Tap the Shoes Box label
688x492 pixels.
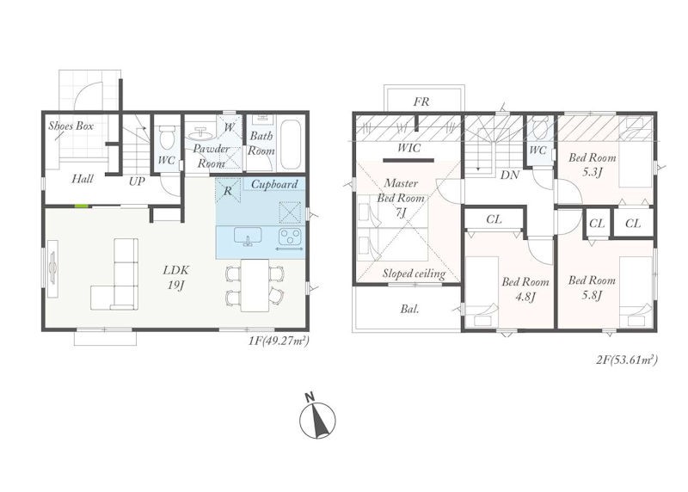tap(71, 126)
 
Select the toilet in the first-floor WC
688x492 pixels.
tap(166, 137)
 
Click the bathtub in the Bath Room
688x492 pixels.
tap(290, 144)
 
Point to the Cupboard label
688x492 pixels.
tap(274, 184)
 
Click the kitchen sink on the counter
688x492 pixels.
tap(248, 237)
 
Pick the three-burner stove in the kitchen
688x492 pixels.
tap(290, 237)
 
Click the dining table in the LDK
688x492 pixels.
tap(255, 285)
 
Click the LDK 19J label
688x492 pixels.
tap(175, 277)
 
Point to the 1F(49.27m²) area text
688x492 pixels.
tap(279, 341)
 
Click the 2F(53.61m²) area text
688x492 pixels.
tap(627, 360)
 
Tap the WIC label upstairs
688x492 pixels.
tap(408, 148)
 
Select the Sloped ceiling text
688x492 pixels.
tap(414, 274)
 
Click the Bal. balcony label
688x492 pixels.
tap(409, 309)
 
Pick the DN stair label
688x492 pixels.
tap(509, 175)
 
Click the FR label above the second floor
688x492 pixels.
tap(421, 101)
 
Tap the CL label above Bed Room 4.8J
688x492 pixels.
tap(494, 218)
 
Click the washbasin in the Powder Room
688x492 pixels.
tap(201, 132)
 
